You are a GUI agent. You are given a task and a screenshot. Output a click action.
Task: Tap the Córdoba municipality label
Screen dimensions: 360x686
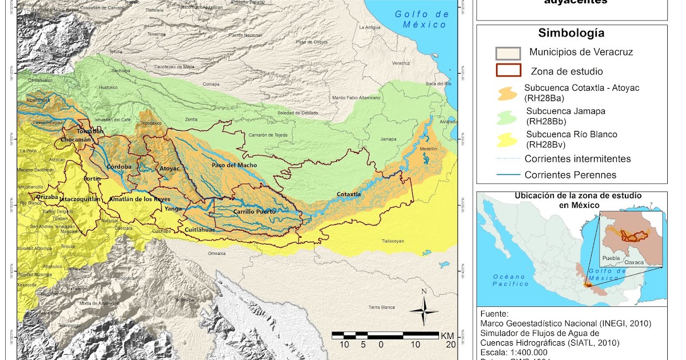(119, 167)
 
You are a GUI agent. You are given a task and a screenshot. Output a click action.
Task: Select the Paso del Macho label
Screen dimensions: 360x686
(234, 165)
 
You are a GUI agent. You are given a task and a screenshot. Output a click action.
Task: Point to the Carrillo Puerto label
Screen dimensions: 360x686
(254, 211)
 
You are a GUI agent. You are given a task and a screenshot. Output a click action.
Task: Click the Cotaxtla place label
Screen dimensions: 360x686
(348, 194)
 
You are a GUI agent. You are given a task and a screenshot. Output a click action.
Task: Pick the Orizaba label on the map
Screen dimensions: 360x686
(47, 197)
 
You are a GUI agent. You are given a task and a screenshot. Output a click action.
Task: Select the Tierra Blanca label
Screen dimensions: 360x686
(382, 307)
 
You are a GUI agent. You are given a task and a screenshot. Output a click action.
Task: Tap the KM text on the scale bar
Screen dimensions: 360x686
(448, 335)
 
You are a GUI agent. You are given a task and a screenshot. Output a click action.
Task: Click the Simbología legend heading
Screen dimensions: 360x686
(571, 33)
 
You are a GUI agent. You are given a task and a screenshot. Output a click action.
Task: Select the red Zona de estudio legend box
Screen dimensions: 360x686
(507, 71)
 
